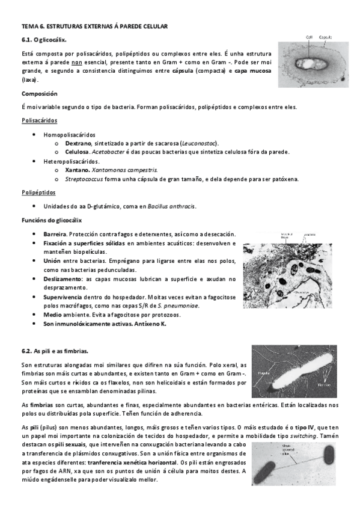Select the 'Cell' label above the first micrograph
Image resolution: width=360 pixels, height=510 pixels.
click(309, 37)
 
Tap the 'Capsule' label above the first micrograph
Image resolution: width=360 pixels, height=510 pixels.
click(326, 37)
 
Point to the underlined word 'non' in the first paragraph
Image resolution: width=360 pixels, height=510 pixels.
click(76, 62)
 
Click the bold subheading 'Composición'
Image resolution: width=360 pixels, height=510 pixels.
click(39, 94)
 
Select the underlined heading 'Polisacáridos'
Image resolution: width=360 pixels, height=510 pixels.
click(39, 120)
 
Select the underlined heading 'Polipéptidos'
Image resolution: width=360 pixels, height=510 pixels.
click(38, 192)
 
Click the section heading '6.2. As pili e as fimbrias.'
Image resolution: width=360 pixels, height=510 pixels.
click(55, 350)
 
